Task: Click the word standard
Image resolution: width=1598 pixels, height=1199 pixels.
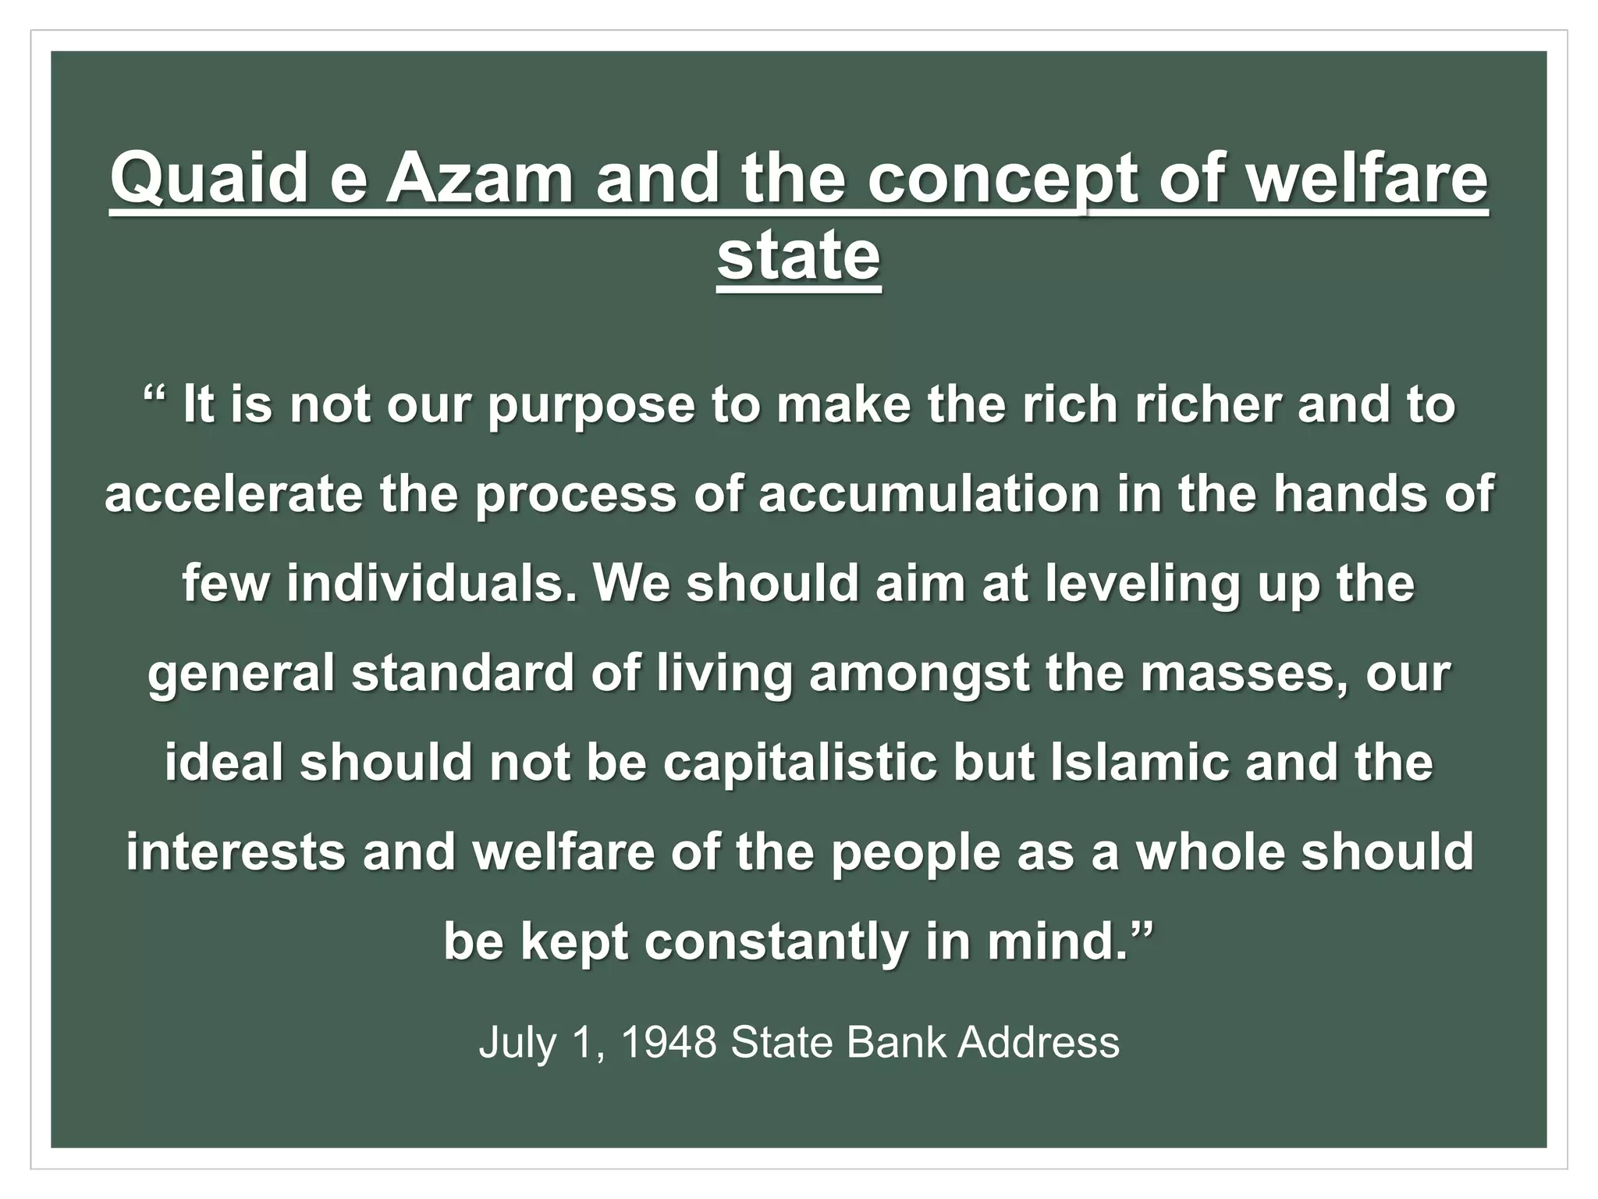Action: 463,672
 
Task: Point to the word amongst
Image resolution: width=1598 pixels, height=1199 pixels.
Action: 919,674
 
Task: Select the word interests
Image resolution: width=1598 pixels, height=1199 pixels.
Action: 236,851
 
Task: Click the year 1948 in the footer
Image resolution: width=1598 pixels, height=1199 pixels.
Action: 669,1041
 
